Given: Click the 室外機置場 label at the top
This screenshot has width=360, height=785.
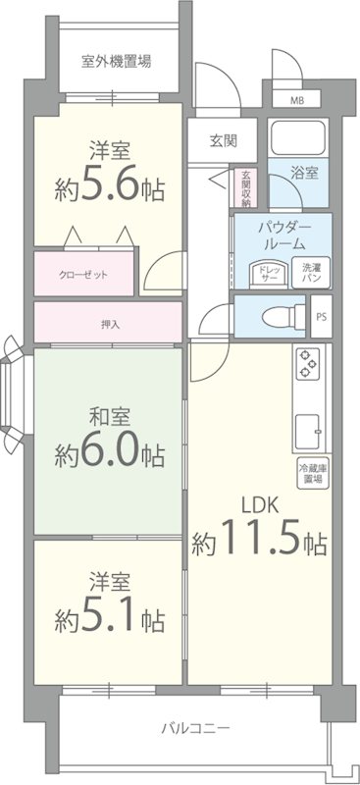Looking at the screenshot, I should coord(116,61).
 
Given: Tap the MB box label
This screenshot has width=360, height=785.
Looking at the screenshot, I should coord(297,100).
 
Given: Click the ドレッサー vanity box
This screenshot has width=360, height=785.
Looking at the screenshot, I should coord(269,273).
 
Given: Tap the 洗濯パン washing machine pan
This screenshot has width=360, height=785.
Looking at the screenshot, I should coord(311,273).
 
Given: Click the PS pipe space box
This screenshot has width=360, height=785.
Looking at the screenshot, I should coord(321,317).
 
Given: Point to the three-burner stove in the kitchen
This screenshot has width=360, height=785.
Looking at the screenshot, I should coord(308,365).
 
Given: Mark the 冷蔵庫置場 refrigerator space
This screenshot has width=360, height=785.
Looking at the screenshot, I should coord(312,474).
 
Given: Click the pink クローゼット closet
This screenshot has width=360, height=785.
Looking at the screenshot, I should coord(83,275).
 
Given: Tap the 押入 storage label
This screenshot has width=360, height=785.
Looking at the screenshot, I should coord(109,322).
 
